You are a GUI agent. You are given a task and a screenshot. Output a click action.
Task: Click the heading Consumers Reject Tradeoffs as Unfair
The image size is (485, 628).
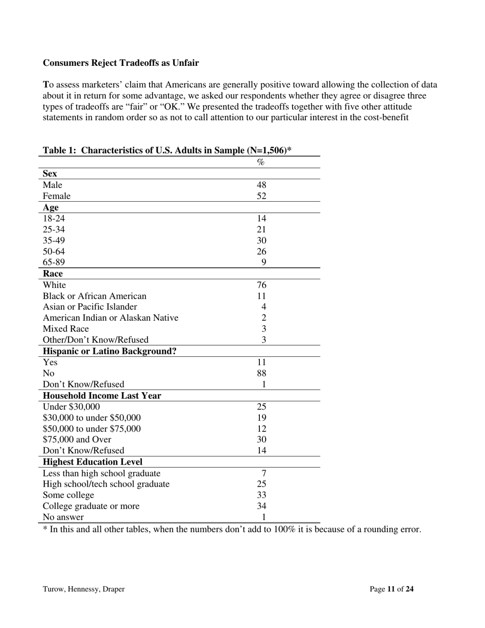120,63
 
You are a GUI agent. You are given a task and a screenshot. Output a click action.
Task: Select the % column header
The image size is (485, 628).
261,162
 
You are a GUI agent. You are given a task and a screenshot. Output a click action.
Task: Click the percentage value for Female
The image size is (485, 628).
261,196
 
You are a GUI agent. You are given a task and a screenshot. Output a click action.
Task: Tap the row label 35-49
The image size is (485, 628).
54,240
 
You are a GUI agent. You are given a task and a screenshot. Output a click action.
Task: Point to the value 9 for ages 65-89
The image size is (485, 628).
264,262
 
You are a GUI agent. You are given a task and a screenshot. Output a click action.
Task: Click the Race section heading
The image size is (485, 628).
53,274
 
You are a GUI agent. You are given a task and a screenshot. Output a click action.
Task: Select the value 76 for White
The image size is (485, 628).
261,285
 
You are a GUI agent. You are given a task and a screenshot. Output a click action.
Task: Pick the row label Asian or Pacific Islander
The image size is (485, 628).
90,307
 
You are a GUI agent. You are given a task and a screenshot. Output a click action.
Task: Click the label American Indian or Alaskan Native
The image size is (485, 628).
110,318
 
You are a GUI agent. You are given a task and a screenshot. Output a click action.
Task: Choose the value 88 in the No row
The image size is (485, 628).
261,373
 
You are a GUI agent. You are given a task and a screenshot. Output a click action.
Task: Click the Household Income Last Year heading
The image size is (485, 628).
102,396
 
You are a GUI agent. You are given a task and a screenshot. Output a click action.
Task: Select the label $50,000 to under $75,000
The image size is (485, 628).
91,429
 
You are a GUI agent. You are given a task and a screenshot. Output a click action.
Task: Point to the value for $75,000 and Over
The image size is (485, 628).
261,440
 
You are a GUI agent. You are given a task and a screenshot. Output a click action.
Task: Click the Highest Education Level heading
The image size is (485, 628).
92,462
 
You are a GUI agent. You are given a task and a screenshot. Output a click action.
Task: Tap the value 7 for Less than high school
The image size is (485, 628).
264,473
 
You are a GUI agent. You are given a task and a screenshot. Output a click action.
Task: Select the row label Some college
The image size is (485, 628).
68,495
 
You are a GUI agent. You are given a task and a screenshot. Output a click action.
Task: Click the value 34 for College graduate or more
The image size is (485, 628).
261,506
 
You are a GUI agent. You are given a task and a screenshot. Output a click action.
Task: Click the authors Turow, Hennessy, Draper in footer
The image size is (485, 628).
84,589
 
